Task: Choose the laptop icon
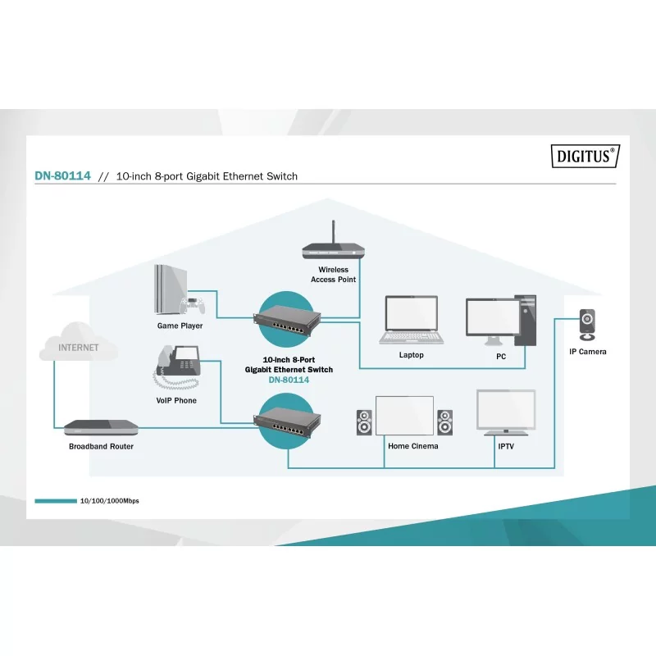pyautogui.click(x=412, y=321)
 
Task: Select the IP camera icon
pyautogui.click(x=588, y=324)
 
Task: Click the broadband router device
pyautogui.click(x=101, y=427)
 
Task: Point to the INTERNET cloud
pyautogui.click(x=79, y=347)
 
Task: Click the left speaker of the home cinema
pyautogui.click(x=363, y=422)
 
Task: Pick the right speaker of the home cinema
pyautogui.click(x=444, y=422)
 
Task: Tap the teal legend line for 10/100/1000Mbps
pyautogui.click(x=55, y=500)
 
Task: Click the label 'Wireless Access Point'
pyautogui.click(x=333, y=275)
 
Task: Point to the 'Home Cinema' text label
pyautogui.click(x=413, y=446)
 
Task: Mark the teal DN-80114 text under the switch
pyautogui.click(x=289, y=380)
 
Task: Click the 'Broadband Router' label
pyautogui.click(x=101, y=446)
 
